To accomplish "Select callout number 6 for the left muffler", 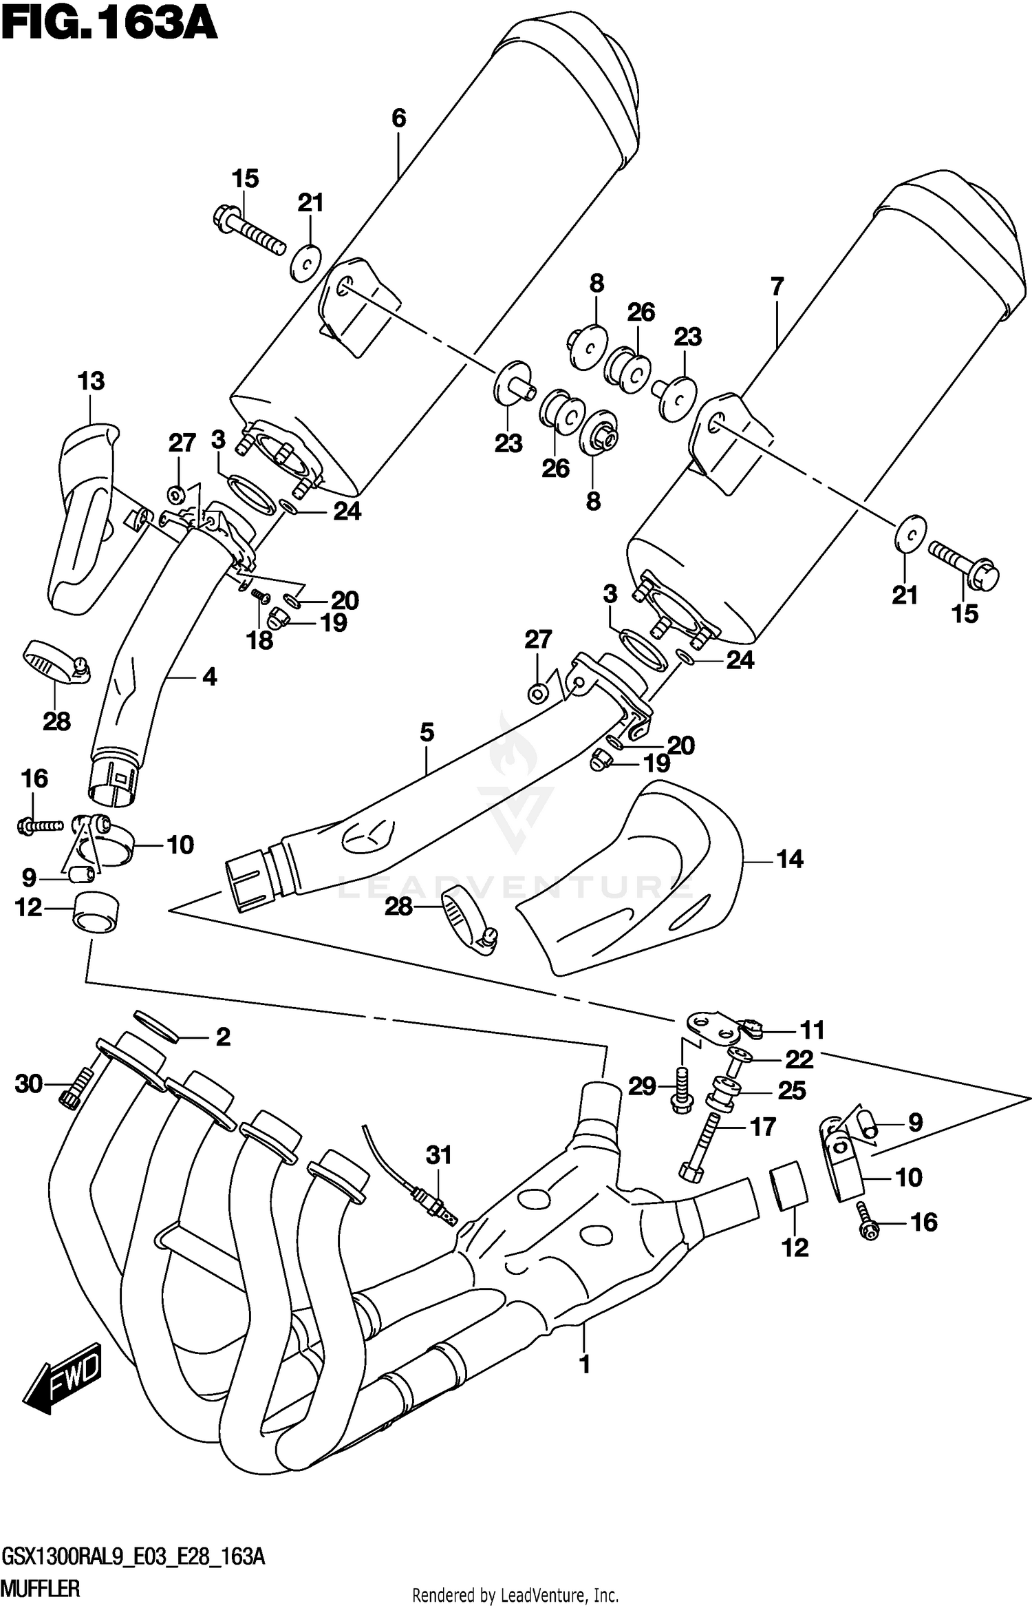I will [399, 118].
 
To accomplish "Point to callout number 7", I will [777, 286].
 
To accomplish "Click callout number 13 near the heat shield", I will [91, 381].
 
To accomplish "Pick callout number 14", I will [789, 859].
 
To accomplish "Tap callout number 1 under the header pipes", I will [584, 1364].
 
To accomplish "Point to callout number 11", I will [812, 1030].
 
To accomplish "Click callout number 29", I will [642, 1087].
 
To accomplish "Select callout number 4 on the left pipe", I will [209, 677].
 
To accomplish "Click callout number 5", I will [427, 732].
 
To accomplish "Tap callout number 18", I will [260, 641].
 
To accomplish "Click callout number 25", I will [791, 1090].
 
